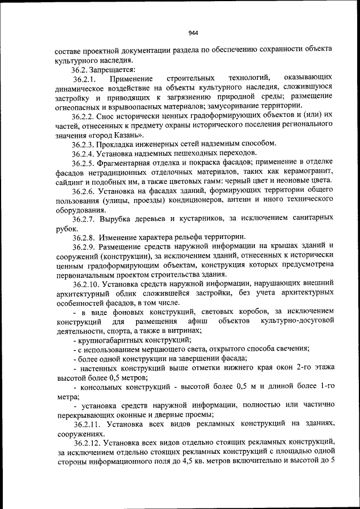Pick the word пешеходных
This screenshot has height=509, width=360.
coord(199,153)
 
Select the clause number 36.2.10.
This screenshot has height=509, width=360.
coord(87,285)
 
